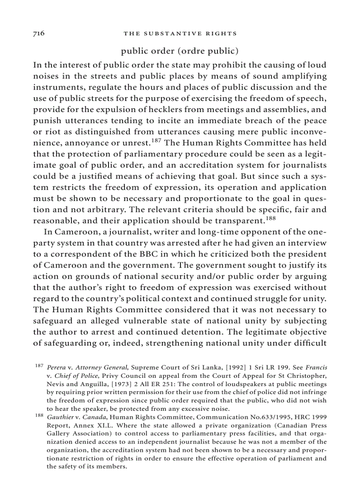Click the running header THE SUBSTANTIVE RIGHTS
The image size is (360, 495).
180,33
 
